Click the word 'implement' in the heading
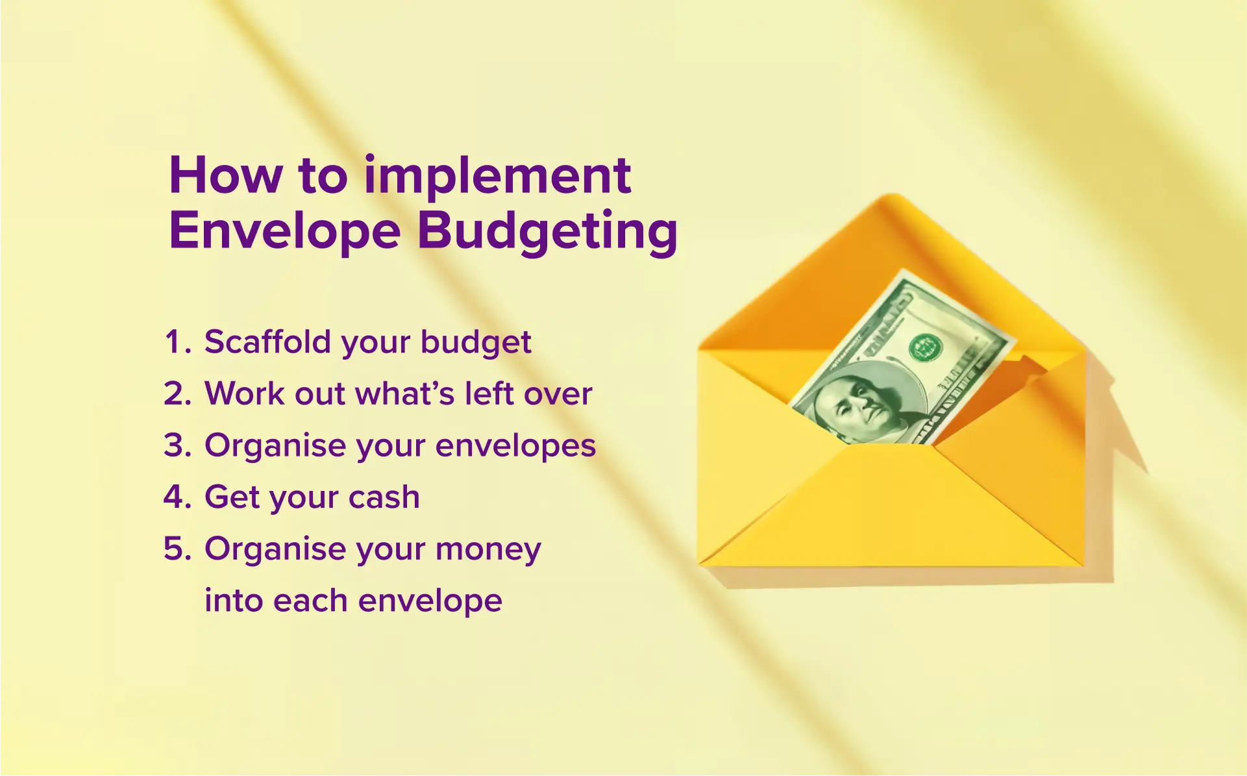click(497, 177)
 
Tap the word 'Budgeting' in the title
click(547, 232)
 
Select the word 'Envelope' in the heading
click(284, 232)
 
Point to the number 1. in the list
click(177, 342)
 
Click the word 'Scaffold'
click(267, 342)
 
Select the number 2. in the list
click(177, 394)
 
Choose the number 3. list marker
click(177, 446)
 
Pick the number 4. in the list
click(177, 497)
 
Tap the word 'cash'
click(384, 497)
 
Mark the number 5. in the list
click(177, 549)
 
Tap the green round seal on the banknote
click(925, 347)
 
